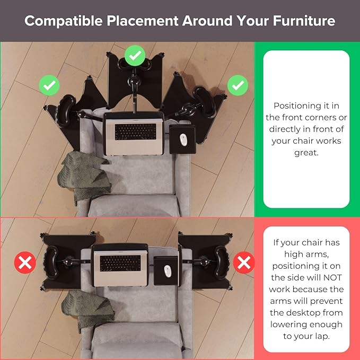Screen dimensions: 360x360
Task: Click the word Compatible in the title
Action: [64, 21]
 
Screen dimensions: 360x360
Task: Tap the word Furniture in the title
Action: [304, 21]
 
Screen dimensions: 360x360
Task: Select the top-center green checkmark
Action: [135, 56]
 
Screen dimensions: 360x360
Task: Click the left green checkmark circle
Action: [49, 85]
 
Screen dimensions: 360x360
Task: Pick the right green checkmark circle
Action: [238, 85]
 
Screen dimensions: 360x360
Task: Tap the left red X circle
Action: [25, 262]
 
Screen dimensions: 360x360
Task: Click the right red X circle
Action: [244, 262]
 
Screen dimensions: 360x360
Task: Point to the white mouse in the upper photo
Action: [183, 139]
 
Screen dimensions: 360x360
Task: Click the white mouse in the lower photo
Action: [168, 271]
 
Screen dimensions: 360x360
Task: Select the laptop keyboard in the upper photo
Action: [135, 132]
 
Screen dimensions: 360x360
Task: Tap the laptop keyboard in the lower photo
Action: [120, 263]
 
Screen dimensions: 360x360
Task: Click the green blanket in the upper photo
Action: [84, 175]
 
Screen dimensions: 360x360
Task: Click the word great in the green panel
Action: [306, 153]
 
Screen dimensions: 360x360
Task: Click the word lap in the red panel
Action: [322, 337]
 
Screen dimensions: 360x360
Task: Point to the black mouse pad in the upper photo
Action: [182, 139]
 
